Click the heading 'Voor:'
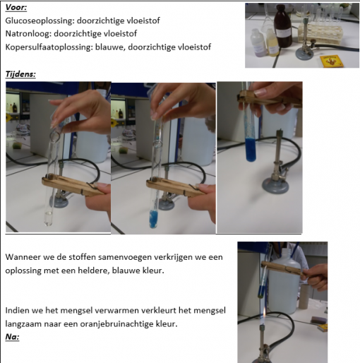click(16, 8)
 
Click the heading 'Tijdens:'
click(20, 74)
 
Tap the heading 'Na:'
click(12, 337)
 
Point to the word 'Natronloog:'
click(28, 34)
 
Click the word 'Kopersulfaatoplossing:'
click(49, 47)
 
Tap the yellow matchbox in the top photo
click(331, 61)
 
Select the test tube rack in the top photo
click(320, 35)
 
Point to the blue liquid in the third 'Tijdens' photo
click(251, 150)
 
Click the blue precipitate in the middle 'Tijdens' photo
click(154, 219)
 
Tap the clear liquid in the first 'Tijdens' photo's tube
click(49, 218)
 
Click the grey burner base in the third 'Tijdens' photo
click(275, 185)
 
